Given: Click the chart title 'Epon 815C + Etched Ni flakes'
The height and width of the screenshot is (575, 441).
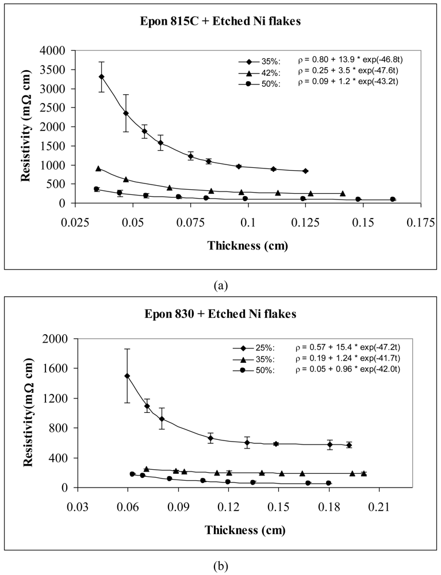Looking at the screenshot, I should (220, 22).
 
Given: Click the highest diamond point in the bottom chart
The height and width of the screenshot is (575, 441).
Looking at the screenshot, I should (127, 376).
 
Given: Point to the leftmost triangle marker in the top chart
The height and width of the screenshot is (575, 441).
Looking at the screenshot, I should (98, 168).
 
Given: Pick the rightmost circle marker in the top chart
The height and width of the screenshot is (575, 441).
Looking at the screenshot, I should (393, 200).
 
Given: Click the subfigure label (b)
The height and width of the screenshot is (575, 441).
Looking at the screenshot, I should (220, 566).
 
